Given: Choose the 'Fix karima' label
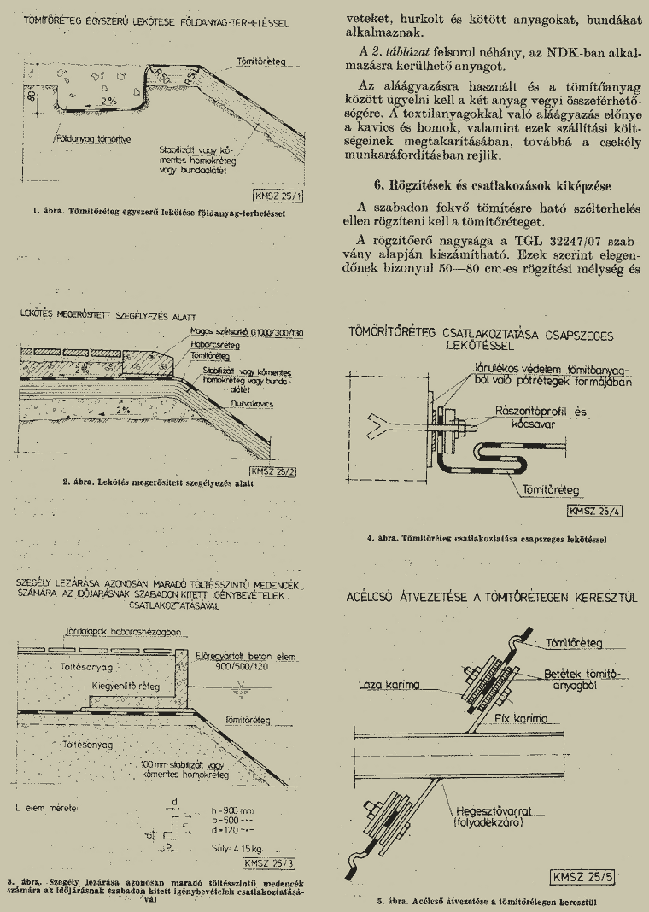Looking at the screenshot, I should (x=522, y=719).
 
